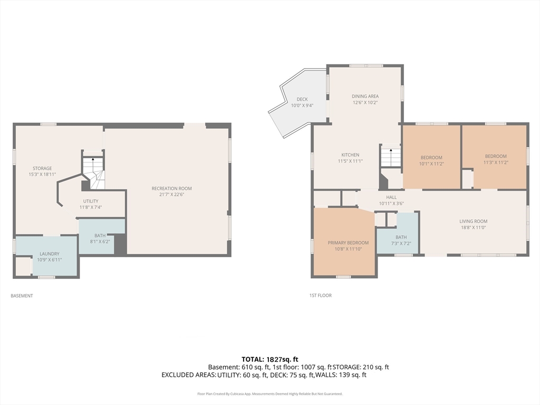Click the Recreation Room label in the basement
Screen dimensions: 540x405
[x=171, y=191]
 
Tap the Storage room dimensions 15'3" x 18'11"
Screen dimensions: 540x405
[x=42, y=175]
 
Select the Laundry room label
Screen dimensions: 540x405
[x=49, y=257]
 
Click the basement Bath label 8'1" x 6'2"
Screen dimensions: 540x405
[x=100, y=239]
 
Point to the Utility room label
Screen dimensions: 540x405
[x=91, y=204]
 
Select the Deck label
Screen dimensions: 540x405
[x=302, y=102]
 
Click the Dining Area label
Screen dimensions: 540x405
[x=365, y=99]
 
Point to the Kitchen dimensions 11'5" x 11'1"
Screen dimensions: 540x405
[x=350, y=161]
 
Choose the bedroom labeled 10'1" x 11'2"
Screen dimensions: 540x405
[x=431, y=161]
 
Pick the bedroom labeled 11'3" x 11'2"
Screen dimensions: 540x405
[x=496, y=159]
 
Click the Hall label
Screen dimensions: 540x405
[x=391, y=200]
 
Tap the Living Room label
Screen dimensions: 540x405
[x=473, y=225]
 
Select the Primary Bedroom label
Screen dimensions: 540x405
[x=348, y=246]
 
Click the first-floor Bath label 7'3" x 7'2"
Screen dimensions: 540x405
[x=401, y=240]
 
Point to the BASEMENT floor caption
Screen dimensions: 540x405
[x=22, y=296]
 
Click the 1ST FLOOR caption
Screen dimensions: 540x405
[x=320, y=295]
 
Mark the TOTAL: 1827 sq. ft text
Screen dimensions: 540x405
[x=269, y=360]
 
